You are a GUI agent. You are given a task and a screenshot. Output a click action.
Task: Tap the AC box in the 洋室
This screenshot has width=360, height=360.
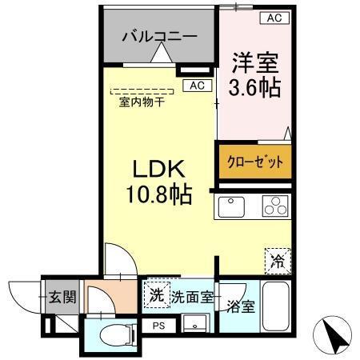point(274,18)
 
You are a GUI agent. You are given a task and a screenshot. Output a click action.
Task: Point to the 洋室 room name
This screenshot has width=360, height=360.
point(255,62)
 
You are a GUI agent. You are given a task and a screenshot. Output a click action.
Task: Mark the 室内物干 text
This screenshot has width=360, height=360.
point(142,102)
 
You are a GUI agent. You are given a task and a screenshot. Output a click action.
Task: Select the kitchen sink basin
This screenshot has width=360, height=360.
point(232,207)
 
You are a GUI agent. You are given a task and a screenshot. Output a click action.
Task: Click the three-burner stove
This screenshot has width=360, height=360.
point(274,206)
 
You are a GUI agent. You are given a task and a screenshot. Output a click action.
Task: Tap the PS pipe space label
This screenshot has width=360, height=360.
point(158,325)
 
